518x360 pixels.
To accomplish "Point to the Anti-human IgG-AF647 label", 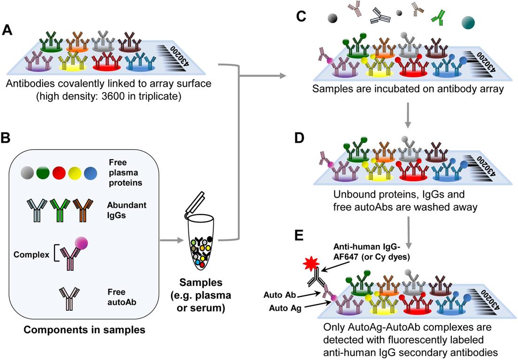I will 371,252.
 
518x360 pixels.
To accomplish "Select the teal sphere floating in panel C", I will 468,22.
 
